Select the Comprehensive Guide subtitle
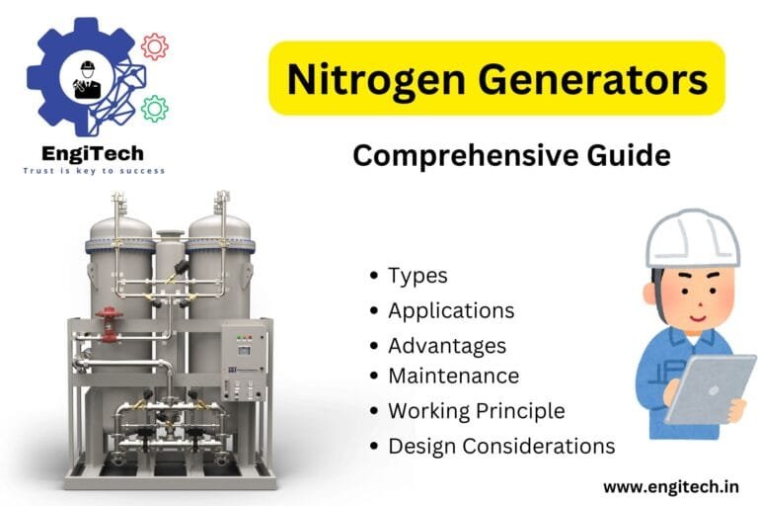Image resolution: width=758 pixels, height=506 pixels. coord(511,156)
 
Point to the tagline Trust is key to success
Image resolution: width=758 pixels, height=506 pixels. coord(94,171)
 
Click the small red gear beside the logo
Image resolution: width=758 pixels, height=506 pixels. coord(154,45)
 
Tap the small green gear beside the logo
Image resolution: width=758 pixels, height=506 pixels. coord(154,108)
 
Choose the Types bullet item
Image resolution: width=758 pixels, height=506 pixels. coord(417,276)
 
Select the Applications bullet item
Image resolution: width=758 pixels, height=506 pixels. coord(451,310)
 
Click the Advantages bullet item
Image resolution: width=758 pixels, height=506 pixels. coord(447,345)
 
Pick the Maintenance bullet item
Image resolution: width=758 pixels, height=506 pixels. coord(453,376)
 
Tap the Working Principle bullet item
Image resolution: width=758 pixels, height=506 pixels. coord(476,410)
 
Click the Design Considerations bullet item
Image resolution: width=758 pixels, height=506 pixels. coord(501,446)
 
